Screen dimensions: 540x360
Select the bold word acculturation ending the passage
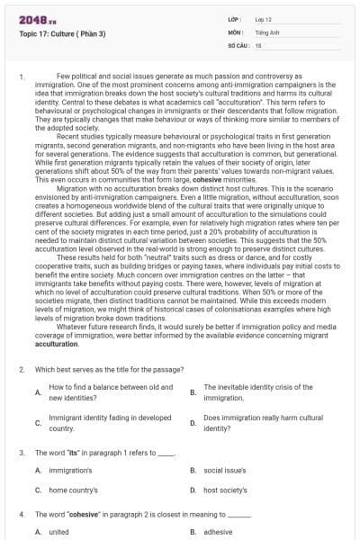pyautogui.click(x=57, y=369)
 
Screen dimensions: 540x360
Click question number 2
pyautogui.click(x=21, y=394)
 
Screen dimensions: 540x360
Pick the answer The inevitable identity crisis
pyautogui.click(x=257, y=391)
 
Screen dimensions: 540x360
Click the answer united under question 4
pyautogui.click(x=58, y=531)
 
